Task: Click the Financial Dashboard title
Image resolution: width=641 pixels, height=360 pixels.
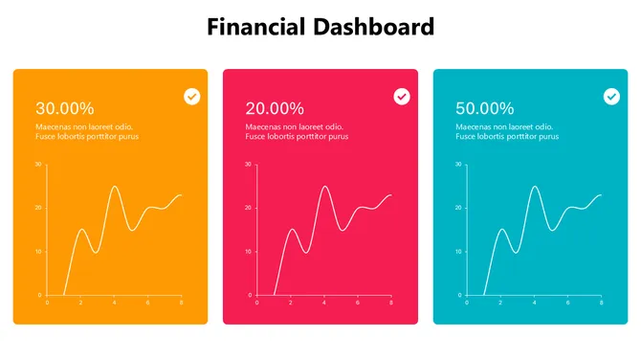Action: tap(320, 27)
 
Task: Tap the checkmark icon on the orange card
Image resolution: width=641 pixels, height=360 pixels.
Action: tap(192, 97)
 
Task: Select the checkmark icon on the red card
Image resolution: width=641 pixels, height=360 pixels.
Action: tap(402, 97)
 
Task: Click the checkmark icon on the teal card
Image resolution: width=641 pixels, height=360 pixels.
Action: tap(611, 97)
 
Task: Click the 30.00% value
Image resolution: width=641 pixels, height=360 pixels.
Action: tap(64, 108)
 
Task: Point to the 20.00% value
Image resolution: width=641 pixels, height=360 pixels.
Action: tap(275, 108)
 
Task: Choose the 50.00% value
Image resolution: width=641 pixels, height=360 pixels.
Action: tap(485, 108)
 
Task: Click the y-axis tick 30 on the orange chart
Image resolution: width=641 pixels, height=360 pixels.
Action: tap(37, 165)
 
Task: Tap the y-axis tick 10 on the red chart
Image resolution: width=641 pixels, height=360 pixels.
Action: tap(248, 252)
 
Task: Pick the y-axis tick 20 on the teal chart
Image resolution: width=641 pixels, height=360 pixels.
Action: tap(458, 208)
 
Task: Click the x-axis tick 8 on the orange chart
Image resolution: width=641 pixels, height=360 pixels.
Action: tap(181, 304)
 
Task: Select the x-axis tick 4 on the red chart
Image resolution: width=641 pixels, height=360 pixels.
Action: tap(324, 304)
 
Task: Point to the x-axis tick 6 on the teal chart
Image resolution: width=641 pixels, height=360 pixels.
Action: tap(567, 304)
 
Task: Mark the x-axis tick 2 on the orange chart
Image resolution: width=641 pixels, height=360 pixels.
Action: tap(80, 304)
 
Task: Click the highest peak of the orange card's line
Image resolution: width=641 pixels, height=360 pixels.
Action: tap(115, 187)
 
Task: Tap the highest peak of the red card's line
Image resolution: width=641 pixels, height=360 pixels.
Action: tap(325, 187)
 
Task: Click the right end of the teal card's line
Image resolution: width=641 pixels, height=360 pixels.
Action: tap(601, 195)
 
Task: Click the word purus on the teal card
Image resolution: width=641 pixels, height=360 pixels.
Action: tap(547, 137)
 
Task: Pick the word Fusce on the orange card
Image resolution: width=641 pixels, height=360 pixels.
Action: tap(46, 137)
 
